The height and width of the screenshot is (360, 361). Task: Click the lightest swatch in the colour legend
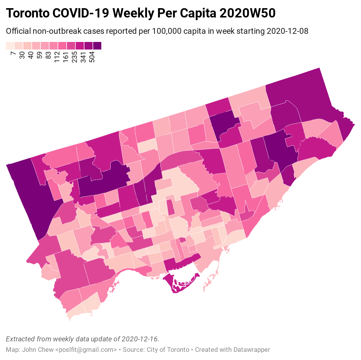point(10,46)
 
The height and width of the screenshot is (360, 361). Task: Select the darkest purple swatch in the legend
point(97,46)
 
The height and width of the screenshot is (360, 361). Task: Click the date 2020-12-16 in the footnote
point(140,339)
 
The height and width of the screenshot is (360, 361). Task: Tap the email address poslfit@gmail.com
point(86,350)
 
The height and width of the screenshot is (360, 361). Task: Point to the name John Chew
point(38,350)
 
